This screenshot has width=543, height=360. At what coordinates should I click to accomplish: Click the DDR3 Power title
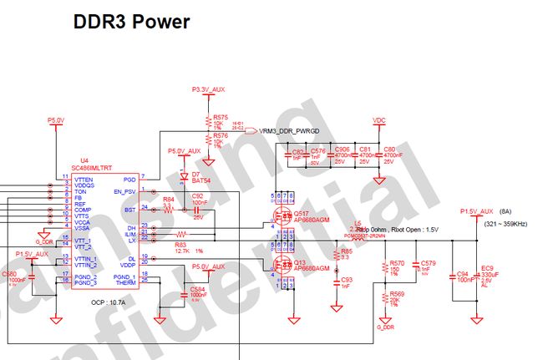click(131, 21)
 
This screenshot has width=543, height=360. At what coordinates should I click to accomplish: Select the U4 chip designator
click(84, 160)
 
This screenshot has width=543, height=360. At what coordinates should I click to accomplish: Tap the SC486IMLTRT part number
click(99, 167)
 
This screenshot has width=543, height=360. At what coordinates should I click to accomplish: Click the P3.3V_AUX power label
click(209, 89)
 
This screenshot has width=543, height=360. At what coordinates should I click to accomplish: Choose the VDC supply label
click(378, 119)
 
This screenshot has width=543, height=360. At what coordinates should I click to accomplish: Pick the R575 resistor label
click(221, 117)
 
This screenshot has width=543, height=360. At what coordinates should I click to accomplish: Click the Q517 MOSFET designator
click(301, 213)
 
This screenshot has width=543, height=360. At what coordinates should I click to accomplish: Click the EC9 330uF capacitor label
click(486, 269)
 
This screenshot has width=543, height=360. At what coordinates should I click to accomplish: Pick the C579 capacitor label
click(428, 263)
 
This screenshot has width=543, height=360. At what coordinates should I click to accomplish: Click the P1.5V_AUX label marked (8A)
click(477, 212)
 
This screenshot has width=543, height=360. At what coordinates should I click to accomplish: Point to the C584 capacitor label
click(197, 289)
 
